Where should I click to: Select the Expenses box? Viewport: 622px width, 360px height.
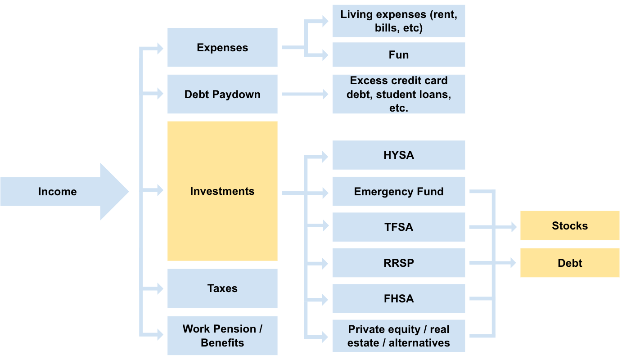point(222,47)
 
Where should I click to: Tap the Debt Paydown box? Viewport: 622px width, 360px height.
point(222,94)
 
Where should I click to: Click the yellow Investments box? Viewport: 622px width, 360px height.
point(222,191)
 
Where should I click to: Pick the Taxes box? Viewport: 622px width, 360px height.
point(222,288)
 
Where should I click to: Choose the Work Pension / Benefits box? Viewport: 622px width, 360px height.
point(222,336)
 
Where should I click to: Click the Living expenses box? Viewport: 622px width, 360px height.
point(398,21)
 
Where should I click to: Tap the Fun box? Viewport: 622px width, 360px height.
point(398,54)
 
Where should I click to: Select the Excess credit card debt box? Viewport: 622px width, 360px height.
point(398,94)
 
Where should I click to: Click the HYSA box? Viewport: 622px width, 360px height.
point(398,155)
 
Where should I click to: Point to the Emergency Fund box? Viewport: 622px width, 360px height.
point(398,191)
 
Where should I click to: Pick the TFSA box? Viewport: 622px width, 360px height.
point(398,227)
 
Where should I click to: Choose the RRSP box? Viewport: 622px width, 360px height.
point(398,263)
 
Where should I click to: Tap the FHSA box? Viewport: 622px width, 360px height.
point(398,298)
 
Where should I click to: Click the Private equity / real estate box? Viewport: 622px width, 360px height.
point(398,336)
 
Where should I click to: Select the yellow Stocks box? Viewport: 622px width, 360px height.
point(570,225)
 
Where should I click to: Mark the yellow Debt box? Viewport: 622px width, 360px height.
point(570,263)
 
